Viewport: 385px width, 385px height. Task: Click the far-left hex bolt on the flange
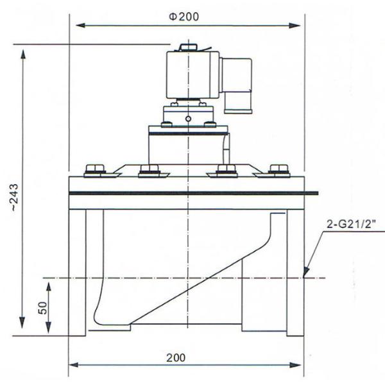point(95,170)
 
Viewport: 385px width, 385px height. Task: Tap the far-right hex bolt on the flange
point(279,170)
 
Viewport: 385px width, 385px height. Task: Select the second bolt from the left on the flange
point(150,170)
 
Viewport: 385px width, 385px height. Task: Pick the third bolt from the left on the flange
point(226,170)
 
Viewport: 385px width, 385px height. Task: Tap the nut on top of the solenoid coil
point(187,47)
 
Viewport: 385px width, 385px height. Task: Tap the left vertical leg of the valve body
point(77,273)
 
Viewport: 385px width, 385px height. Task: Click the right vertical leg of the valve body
point(295,273)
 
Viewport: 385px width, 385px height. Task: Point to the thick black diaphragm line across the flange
point(193,193)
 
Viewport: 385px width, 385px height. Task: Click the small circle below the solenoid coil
point(187,118)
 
